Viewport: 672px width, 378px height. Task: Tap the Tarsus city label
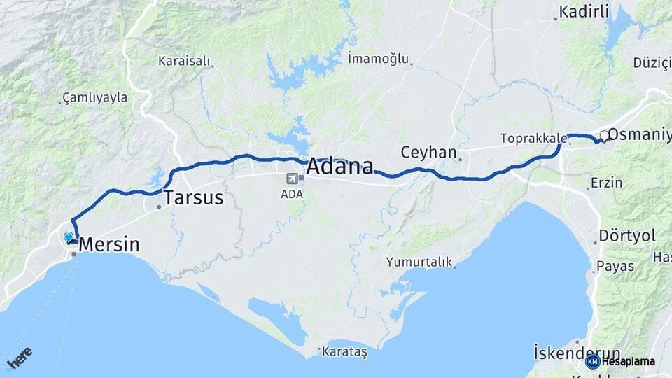coord(194,198)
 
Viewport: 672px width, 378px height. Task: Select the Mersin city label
coord(109,245)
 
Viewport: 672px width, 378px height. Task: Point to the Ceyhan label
coord(428,152)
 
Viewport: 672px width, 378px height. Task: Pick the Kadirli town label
coord(584,11)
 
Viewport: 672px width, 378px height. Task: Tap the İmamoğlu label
coord(378,59)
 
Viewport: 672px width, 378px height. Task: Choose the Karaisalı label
coord(184,61)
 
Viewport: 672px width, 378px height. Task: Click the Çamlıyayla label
coord(95,97)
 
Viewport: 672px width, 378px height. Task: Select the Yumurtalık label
coord(419,262)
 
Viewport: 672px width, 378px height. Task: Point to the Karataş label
coord(344,352)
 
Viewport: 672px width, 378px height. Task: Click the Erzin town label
coord(606,183)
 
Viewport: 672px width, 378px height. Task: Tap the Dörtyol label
coord(627,236)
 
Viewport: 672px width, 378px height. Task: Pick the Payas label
coord(615,267)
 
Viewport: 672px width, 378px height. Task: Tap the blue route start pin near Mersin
coord(69,237)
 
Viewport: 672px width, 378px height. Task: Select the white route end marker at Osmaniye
coord(604,135)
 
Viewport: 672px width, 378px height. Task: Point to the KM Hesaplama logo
coord(621,361)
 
